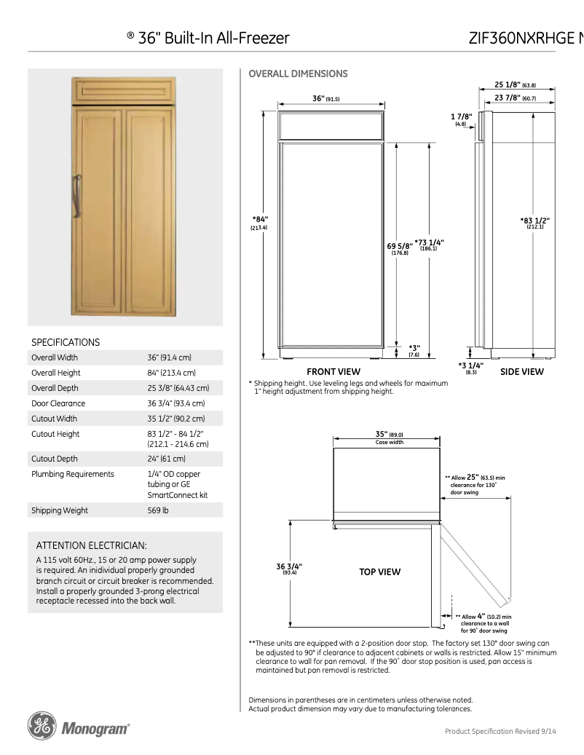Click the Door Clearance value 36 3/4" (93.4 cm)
coord(175,403)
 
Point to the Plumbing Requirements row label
coord(73,474)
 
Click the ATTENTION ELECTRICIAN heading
coord(92,545)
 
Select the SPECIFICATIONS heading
coord(66,341)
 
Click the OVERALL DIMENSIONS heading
coord(298,74)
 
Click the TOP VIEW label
coord(379,572)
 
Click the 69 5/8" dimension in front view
coord(399,246)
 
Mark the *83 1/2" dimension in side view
coord(534,221)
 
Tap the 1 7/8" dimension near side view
coord(461,116)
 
